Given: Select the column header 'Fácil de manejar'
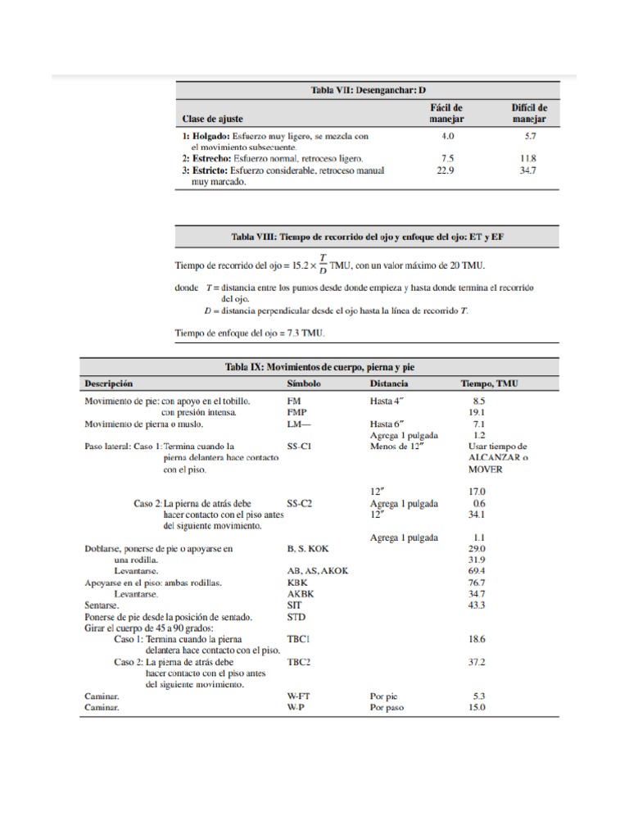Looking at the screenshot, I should click(447, 113).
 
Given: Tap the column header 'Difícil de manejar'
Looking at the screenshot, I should click(530, 113).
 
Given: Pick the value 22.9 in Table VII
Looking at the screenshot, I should click(447, 171).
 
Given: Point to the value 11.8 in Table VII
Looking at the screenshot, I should click(529, 158).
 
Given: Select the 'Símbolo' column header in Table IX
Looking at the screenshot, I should click(304, 383).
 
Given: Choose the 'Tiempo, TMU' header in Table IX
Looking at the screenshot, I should click(489, 383).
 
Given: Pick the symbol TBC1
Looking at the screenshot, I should click(298, 637).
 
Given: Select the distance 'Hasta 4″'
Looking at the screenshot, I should click(388, 401).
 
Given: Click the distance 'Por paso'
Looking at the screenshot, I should click(388, 707).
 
